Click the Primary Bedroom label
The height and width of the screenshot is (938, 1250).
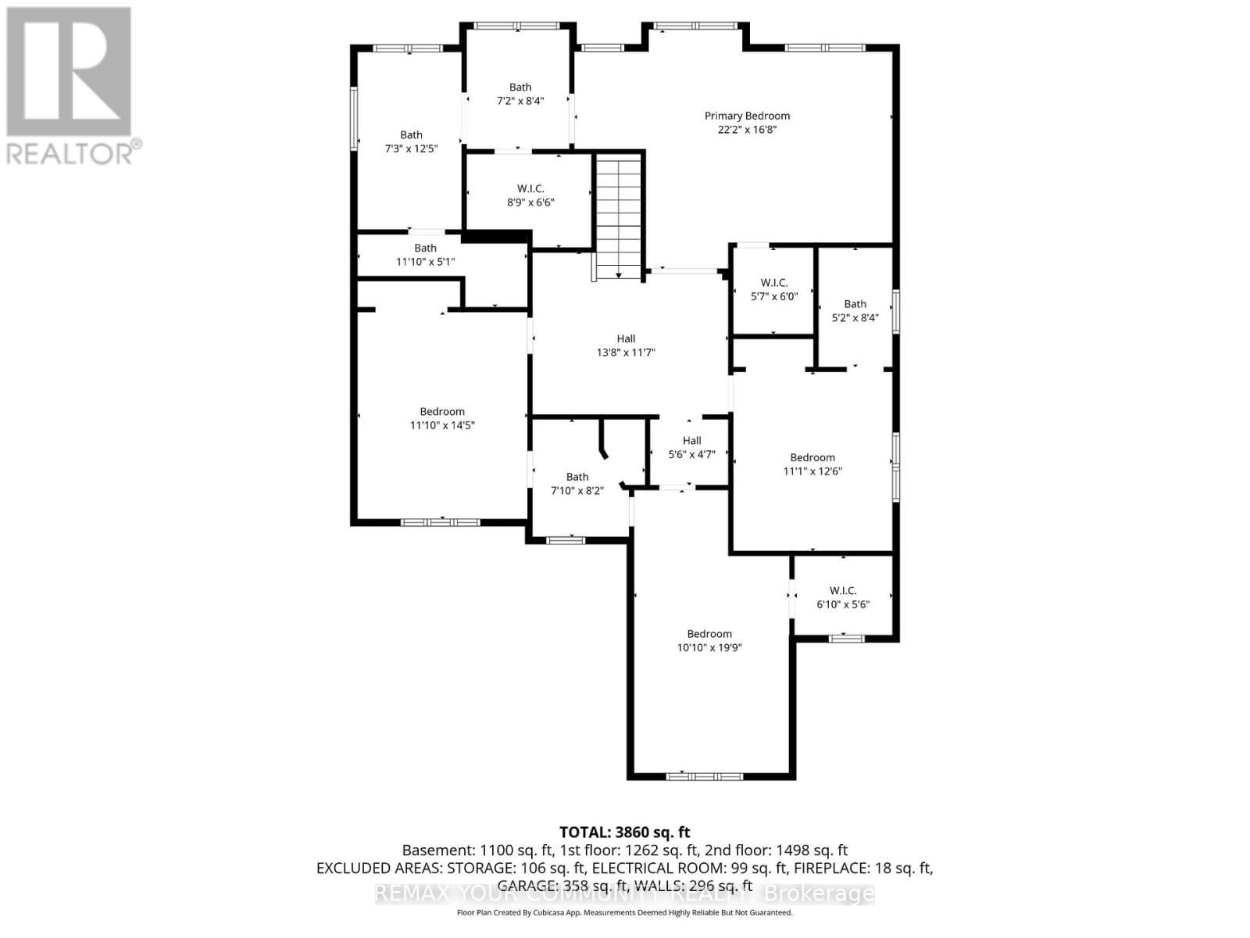coord(747,116)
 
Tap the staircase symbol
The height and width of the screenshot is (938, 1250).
coord(619,215)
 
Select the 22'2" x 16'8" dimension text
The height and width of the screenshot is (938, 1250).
coord(747,130)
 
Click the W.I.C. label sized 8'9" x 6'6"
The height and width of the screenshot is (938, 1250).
coord(530,188)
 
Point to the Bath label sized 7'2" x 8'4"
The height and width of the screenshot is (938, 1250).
coord(520,87)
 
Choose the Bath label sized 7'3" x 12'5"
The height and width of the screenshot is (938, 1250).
coord(411,134)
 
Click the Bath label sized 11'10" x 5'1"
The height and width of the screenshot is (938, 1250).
coord(425,248)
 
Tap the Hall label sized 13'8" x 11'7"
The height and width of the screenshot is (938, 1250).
coord(626,338)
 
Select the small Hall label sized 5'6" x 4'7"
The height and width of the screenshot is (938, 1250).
coord(691,440)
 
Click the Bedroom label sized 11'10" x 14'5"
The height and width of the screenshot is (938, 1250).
coord(442,411)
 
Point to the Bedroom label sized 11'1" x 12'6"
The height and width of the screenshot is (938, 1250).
coord(812,457)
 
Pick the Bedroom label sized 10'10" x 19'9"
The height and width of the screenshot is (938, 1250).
coord(709,634)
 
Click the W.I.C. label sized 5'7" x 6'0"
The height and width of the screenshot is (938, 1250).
coord(773,282)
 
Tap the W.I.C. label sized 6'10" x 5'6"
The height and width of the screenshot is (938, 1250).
coord(843,590)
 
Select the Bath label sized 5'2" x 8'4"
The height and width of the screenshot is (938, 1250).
coord(855,303)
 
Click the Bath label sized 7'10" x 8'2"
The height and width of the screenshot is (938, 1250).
coord(577,477)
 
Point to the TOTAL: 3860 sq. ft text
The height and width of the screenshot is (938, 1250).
coord(624,832)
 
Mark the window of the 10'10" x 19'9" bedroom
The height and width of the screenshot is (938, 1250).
coord(704,776)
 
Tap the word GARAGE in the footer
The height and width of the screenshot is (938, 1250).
coord(527,886)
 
